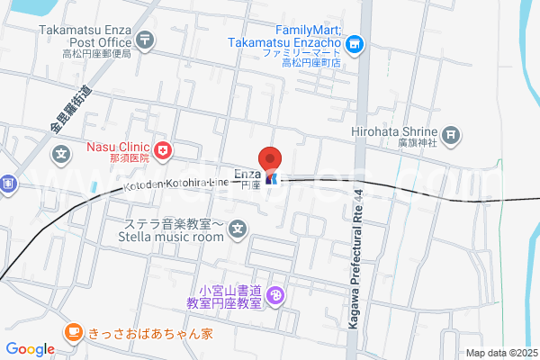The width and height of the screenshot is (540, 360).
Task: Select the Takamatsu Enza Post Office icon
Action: click(147, 40)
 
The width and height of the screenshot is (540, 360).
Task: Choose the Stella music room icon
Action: click(237, 230)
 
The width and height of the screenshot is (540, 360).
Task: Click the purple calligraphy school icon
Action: click(276, 293)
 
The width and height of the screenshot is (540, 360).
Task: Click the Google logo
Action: click(30, 349)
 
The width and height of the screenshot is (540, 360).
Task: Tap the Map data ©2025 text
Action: click(499, 353)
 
